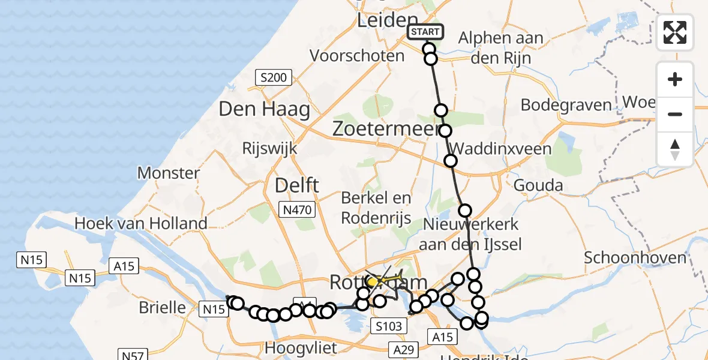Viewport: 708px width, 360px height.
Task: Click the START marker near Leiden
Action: [x=425, y=32]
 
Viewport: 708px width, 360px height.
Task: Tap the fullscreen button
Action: [x=675, y=32]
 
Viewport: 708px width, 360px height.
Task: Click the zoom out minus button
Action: [x=675, y=114]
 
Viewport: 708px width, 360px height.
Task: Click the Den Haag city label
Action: [x=265, y=109]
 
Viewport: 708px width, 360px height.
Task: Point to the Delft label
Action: [x=296, y=186]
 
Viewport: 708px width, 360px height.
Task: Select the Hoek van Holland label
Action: [x=141, y=224]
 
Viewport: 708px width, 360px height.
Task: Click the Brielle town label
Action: [x=162, y=307]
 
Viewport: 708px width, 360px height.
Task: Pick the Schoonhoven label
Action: [x=635, y=258]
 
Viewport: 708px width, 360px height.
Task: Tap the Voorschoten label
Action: [x=357, y=56]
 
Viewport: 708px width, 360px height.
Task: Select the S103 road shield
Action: [x=389, y=326]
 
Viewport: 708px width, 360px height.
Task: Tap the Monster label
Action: [x=169, y=173]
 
